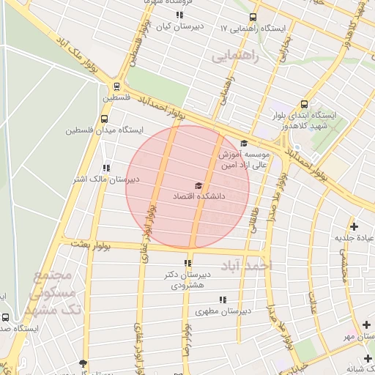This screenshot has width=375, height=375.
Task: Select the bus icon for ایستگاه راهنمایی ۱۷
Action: (253, 18)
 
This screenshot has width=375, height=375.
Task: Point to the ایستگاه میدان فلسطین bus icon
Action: (104, 119)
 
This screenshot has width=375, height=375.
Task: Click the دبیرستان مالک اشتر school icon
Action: (107, 167)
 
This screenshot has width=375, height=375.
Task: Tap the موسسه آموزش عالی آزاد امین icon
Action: (244, 144)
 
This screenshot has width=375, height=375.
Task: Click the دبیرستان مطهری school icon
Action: (223, 300)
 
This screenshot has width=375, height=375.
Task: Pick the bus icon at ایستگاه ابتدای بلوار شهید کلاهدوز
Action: (304, 104)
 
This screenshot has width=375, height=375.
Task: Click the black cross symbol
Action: (354, 226)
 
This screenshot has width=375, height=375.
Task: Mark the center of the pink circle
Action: (187, 187)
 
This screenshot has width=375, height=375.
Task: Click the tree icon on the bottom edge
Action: (83, 364)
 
